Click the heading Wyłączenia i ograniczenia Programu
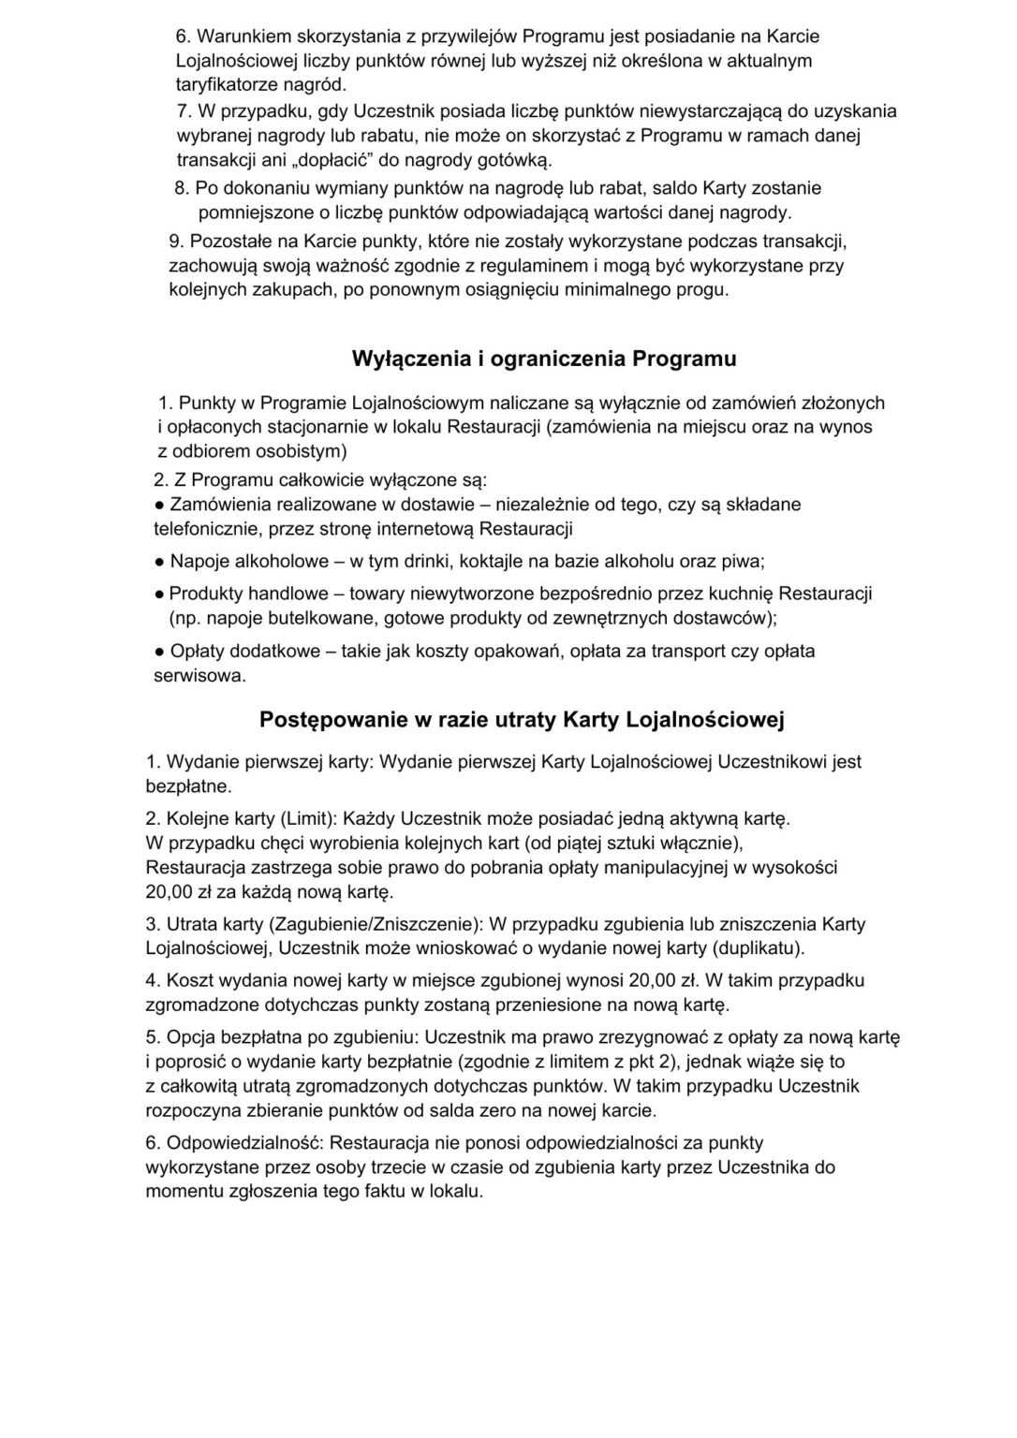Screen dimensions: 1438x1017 [x=544, y=359]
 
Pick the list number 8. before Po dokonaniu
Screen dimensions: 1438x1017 [x=183, y=188]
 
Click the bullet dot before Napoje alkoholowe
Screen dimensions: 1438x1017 [x=159, y=562]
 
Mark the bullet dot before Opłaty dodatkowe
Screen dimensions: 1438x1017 [x=159, y=651]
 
